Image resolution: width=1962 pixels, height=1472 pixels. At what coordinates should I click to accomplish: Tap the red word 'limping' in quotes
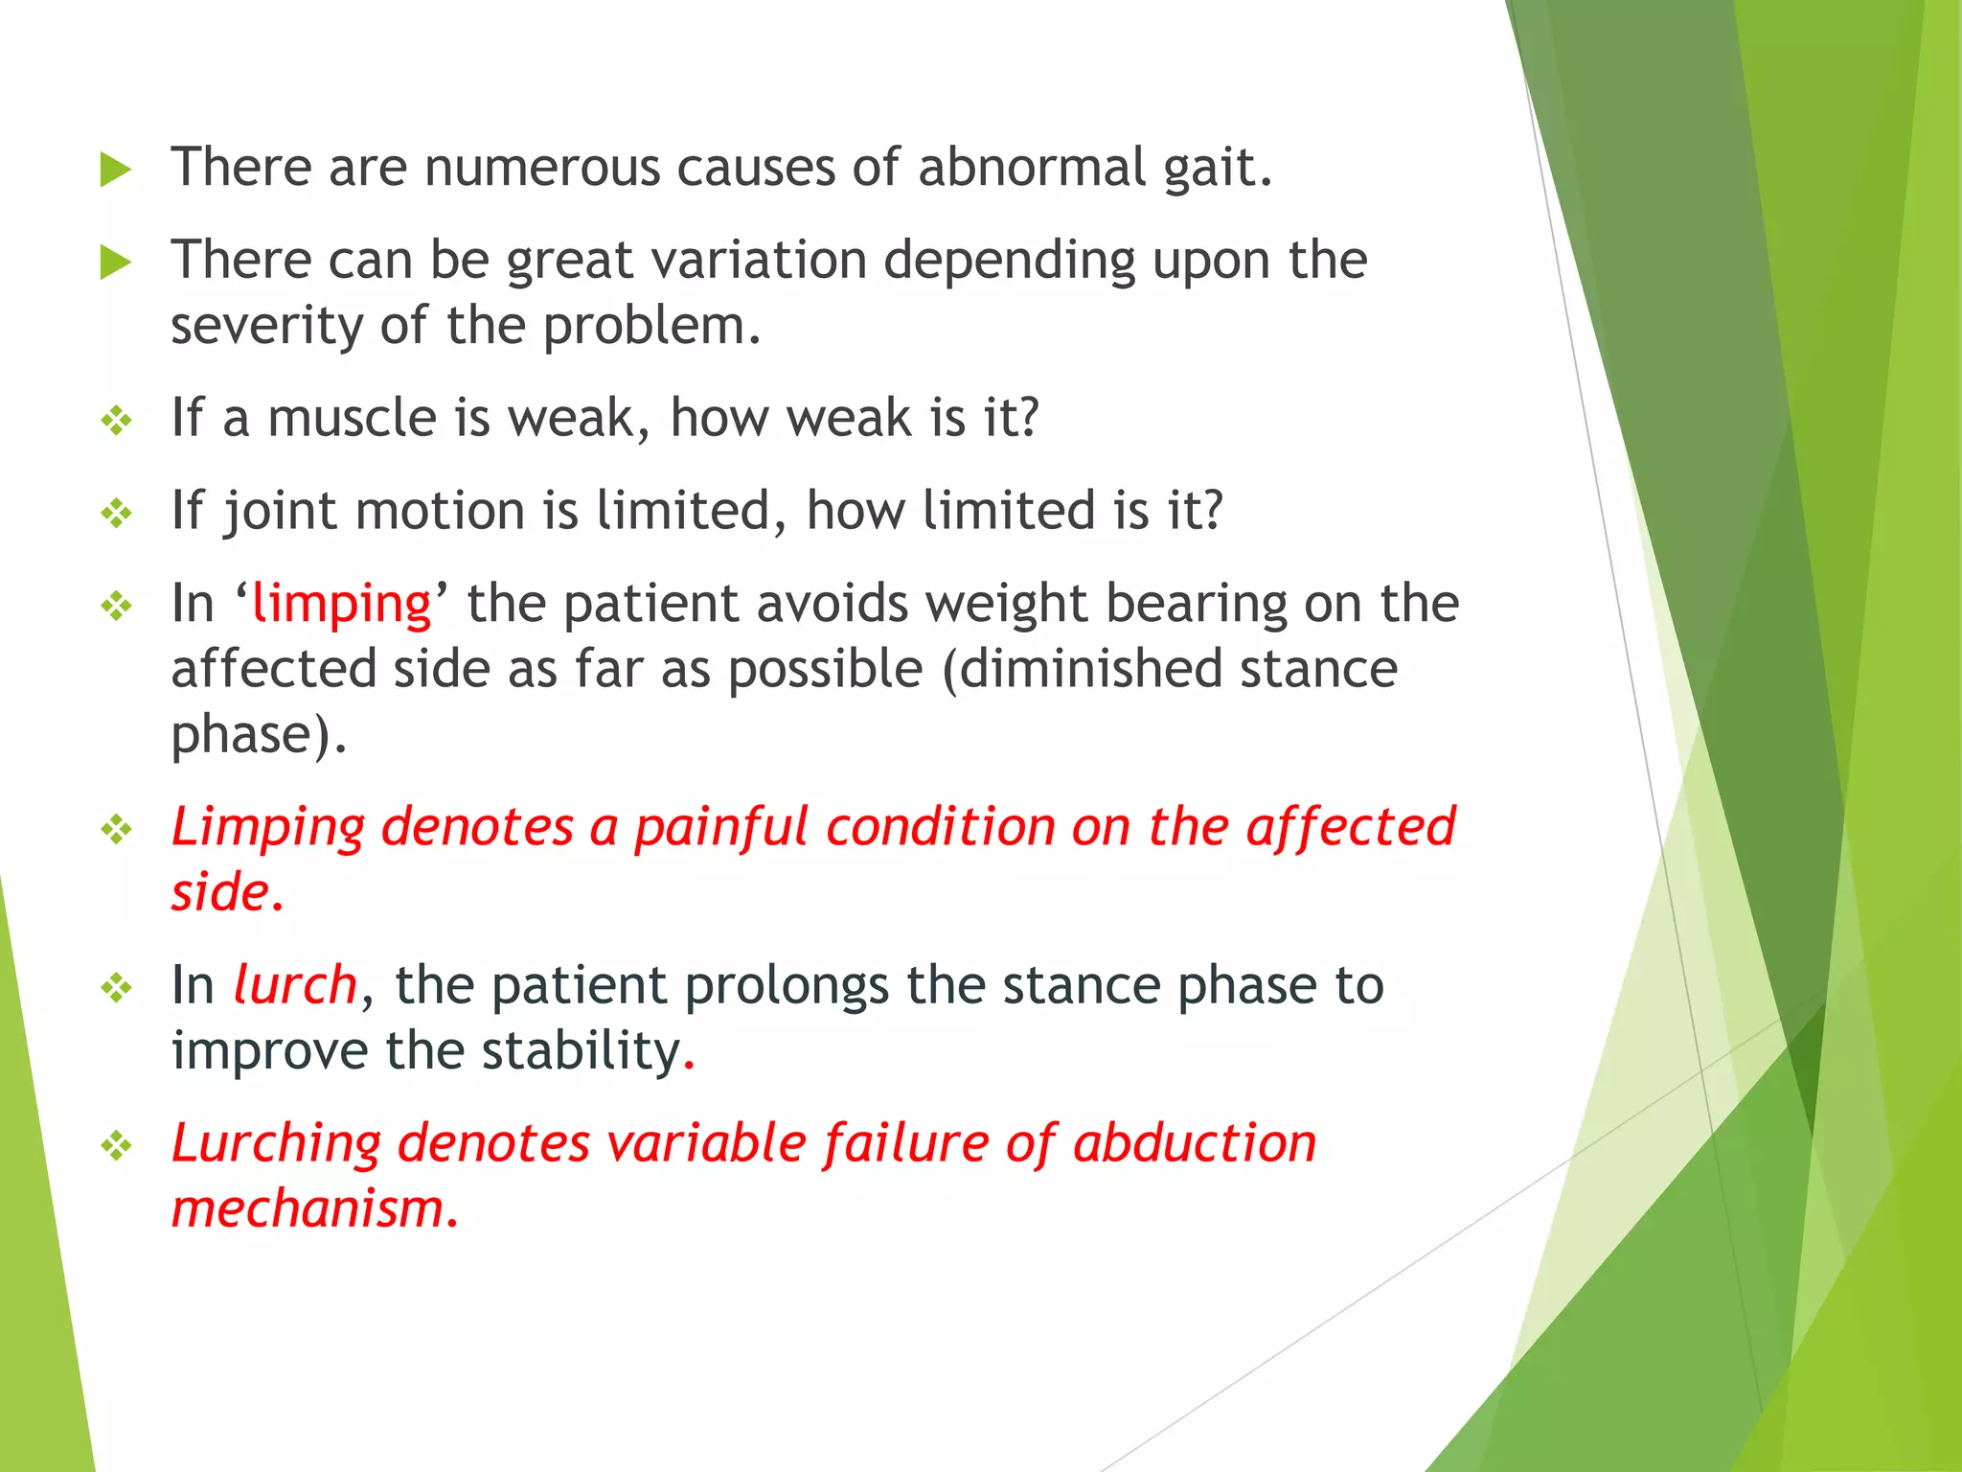(x=341, y=605)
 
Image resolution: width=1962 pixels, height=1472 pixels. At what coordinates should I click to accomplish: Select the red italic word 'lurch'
(x=295, y=986)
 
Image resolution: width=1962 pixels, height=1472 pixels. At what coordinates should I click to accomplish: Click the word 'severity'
(x=266, y=327)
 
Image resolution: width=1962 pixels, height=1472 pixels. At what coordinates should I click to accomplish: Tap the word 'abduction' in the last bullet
(x=1195, y=1144)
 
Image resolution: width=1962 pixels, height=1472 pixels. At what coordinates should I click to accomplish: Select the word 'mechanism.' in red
(x=315, y=1209)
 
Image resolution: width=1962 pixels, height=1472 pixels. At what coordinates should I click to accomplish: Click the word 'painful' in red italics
(x=721, y=828)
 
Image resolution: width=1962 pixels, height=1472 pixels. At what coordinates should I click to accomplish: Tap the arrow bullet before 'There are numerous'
(x=115, y=171)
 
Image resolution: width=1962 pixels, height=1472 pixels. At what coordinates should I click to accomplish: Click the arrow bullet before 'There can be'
(x=115, y=263)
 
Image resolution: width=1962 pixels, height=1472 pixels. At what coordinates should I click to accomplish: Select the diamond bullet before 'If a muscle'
(x=117, y=421)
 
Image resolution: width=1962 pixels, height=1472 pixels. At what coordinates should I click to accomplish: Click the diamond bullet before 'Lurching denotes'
(x=117, y=1145)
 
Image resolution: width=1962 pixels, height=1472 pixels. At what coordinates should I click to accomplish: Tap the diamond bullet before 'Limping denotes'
(x=117, y=829)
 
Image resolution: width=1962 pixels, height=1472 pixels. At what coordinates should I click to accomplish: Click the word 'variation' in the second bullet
(x=749, y=261)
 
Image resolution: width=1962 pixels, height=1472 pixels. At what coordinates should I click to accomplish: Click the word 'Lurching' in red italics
(x=276, y=1144)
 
